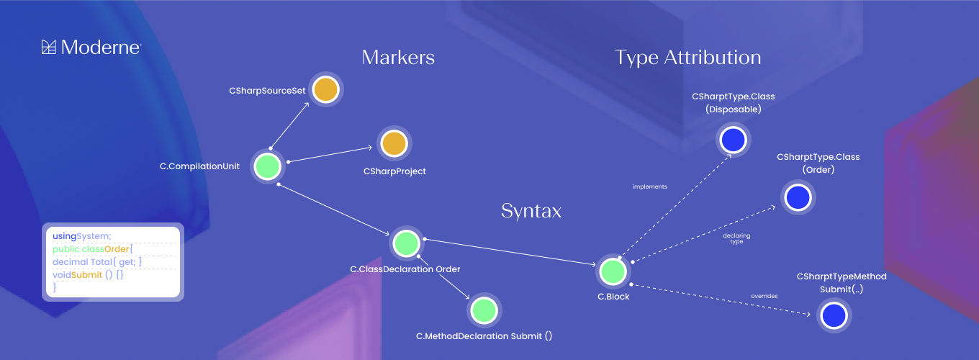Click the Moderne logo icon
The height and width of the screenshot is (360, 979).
pyautogui.click(x=49, y=48)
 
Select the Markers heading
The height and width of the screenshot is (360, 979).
pyautogui.click(x=398, y=58)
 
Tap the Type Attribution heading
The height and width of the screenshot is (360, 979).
pyautogui.click(x=687, y=58)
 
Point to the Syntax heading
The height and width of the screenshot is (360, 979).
pyautogui.click(x=531, y=211)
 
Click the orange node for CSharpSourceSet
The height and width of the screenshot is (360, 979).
pyautogui.click(x=325, y=90)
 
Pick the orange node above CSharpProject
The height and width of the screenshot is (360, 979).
pyautogui.click(x=394, y=143)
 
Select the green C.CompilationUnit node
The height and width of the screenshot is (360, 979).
pyautogui.click(x=268, y=166)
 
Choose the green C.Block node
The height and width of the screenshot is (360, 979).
pyautogui.click(x=613, y=271)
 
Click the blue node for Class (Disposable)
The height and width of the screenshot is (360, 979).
pyautogui.click(x=733, y=139)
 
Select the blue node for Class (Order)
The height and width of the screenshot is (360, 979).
pyautogui.click(x=798, y=197)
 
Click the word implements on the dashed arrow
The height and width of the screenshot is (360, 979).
pyautogui.click(x=649, y=187)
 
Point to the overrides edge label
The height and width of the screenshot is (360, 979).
pyautogui.click(x=764, y=296)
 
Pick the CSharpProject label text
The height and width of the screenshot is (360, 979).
pyautogui.click(x=394, y=171)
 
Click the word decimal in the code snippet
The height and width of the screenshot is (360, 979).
pyautogui.click(x=70, y=262)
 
